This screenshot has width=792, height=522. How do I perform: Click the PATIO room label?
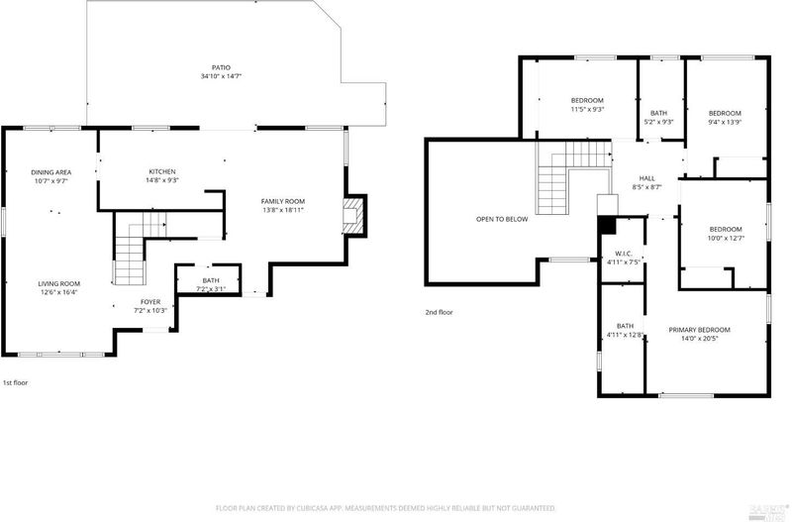pyautogui.click(x=221, y=67)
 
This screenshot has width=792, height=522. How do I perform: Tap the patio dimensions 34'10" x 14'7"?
pyautogui.click(x=221, y=76)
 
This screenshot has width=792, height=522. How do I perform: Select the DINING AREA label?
pyautogui.click(x=51, y=172)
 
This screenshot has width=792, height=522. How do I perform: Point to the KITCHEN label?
pyautogui.click(x=162, y=171)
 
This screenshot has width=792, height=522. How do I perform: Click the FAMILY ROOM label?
pyautogui.click(x=283, y=202)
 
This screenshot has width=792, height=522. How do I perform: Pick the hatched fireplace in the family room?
pyautogui.click(x=352, y=216)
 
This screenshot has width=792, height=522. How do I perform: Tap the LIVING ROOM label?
pyautogui.click(x=59, y=284)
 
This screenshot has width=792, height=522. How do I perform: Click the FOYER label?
pyautogui.click(x=150, y=302)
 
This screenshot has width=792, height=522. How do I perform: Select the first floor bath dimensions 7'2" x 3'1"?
pyautogui.click(x=211, y=289)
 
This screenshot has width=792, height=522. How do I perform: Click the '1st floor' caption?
pyautogui.click(x=16, y=383)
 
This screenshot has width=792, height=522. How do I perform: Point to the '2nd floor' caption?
pyautogui.click(x=439, y=312)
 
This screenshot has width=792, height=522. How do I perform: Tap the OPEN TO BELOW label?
pyautogui.click(x=502, y=219)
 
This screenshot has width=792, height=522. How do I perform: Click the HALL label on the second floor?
pyautogui.click(x=647, y=178)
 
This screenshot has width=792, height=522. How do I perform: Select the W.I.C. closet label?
pyautogui.click(x=624, y=254)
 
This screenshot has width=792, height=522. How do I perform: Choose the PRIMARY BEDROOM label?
pyautogui.click(x=700, y=330)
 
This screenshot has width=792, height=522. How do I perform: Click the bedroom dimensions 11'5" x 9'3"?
pyautogui.click(x=587, y=109)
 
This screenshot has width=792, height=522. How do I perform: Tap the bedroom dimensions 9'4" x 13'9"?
pyautogui.click(x=725, y=122)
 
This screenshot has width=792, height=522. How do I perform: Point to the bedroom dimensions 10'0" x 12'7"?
pyautogui.click(x=726, y=238)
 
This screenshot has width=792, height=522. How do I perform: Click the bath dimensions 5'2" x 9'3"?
pyautogui.click(x=658, y=122)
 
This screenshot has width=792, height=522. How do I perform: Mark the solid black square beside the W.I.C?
pyautogui.click(x=607, y=226)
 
